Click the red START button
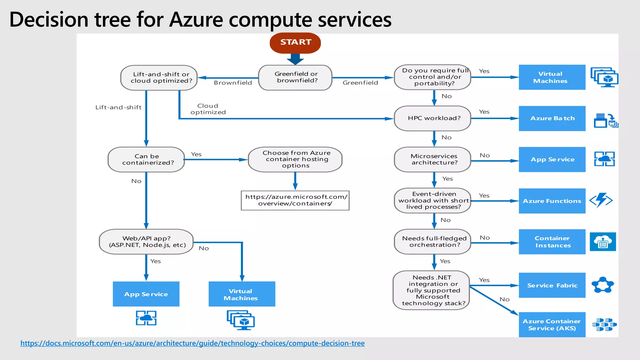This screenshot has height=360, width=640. click(295, 42)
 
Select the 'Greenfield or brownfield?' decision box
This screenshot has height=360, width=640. click(295, 77)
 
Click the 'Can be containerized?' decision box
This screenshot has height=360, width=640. click(146, 159)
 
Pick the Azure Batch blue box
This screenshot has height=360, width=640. click(552, 118)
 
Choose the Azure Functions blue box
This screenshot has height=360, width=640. click(552, 201)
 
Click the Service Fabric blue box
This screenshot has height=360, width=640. click(552, 285)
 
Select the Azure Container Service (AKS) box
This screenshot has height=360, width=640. click(552, 325)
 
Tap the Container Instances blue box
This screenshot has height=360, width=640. click(552, 242)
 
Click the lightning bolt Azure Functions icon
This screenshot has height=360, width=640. click(601, 200)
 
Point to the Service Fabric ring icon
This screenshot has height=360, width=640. click(602, 285)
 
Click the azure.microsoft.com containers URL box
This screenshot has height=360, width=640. click(295, 200)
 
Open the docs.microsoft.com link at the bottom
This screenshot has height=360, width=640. click(192, 343)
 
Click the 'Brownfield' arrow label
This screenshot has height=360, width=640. click(233, 83)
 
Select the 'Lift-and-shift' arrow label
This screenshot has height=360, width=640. click(118, 107)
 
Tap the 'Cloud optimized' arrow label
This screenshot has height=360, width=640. click(208, 109)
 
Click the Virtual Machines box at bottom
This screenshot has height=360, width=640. click(242, 294)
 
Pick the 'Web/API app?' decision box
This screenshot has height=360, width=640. click(146, 242)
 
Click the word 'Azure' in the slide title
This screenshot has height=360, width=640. click(196, 20)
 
